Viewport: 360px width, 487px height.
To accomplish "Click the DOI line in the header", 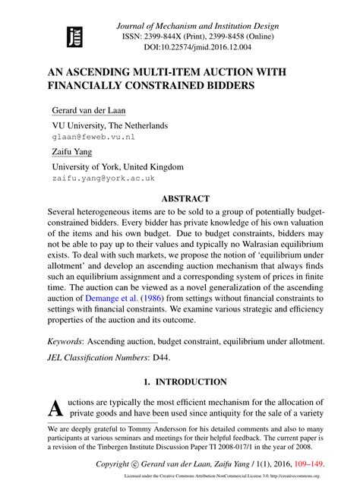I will pyautogui.click(x=201, y=46).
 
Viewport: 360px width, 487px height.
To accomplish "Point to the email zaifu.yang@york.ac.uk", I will pyautogui.click(x=103, y=179).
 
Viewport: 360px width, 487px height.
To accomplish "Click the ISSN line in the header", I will pyautogui.click(x=201, y=35).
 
